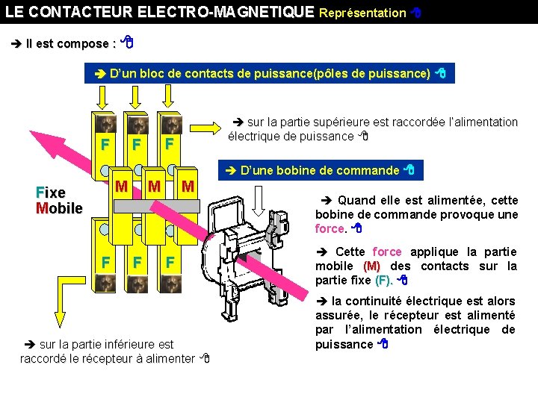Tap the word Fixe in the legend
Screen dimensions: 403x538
coord(51,193)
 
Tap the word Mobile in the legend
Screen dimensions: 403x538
coord(59,207)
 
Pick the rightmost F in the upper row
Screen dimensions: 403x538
coord(170,143)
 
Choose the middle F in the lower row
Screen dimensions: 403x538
coord(137,263)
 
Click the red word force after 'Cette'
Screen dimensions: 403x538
coord(387,252)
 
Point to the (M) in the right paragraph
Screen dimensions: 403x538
coord(371,266)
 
